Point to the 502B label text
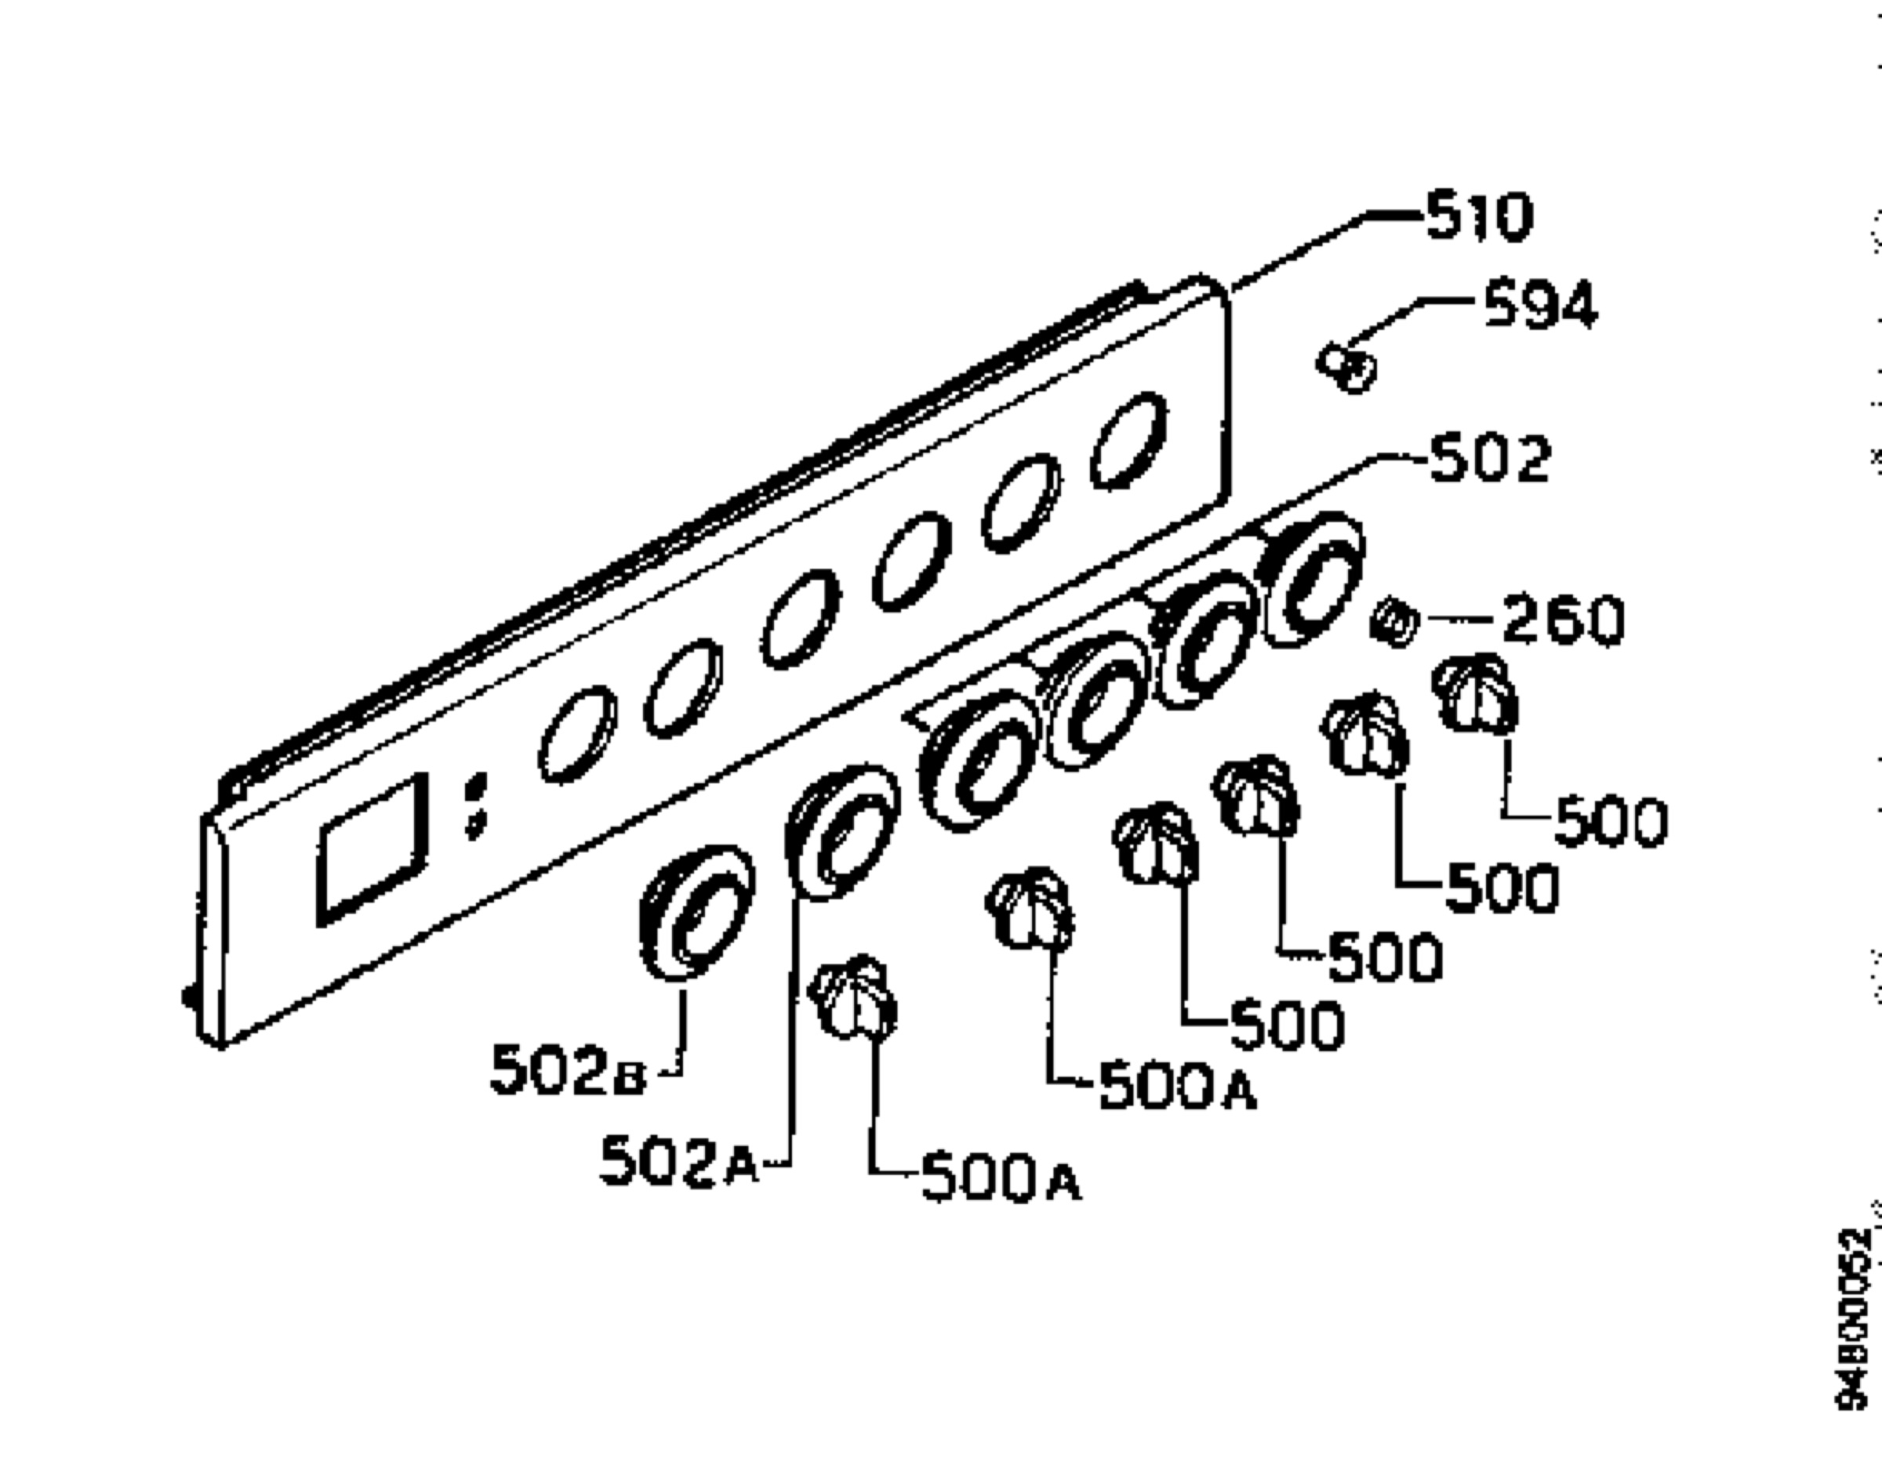567,1070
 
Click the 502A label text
678,1160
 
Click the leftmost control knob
853,999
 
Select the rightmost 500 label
1611,822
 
